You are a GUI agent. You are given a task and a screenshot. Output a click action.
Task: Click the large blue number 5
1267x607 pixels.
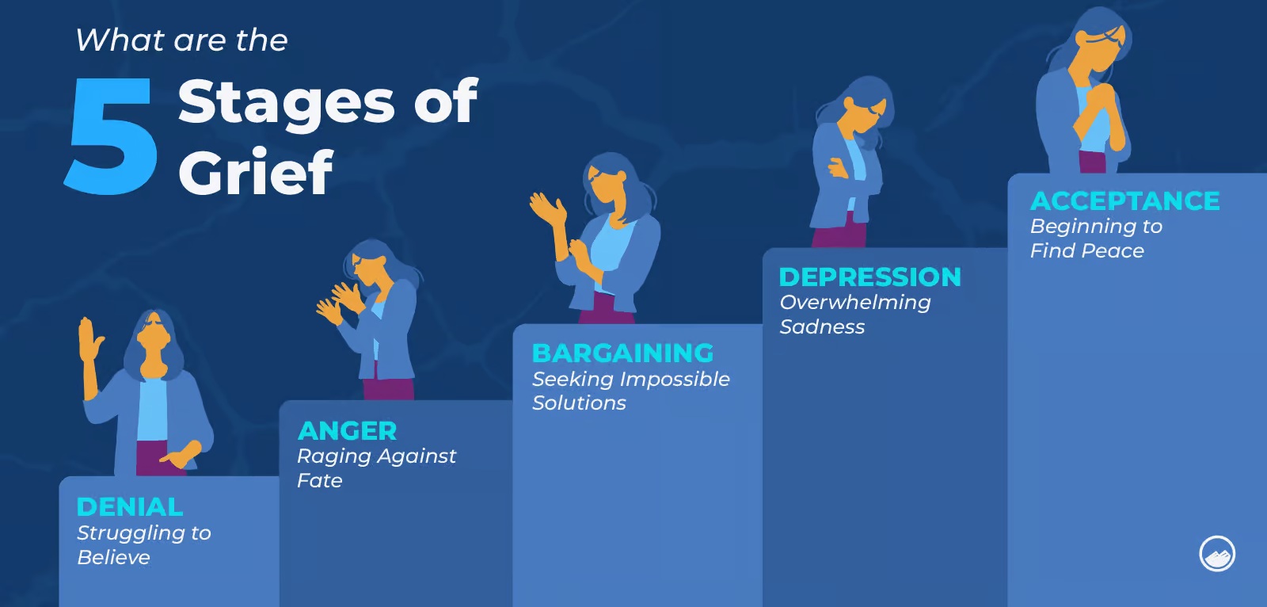pyautogui.click(x=112, y=136)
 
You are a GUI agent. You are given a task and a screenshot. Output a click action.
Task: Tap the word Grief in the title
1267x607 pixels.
pyautogui.click(x=256, y=172)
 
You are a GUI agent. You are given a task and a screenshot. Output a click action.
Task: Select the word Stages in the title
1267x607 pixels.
pyautogui.click(x=286, y=103)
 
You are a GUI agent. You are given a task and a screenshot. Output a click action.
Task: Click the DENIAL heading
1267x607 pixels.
pyautogui.click(x=130, y=507)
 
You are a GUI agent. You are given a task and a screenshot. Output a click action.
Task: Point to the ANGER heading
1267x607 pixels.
pyautogui.click(x=348, y=431)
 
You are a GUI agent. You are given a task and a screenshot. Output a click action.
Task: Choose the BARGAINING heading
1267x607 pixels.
pyautogui.click(x=622, y=353)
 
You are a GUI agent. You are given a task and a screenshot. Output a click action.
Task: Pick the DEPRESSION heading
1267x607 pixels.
pyautogui.click(x=870, y=277)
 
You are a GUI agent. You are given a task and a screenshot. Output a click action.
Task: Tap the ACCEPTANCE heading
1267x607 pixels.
pyautogui.click(x=1125, y=201)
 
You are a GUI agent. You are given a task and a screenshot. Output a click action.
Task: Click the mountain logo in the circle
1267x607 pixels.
pyautogui.click(x=1217, y=554)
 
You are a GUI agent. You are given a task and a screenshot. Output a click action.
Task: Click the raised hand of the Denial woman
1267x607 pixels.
pyautogui.click(x=88, y=340)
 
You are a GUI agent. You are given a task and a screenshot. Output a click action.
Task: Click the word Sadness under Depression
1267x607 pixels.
pyautogui.click(x=822, y=326)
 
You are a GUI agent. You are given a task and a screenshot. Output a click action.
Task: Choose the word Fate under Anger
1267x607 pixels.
pyautogui.click(x=320, y=481)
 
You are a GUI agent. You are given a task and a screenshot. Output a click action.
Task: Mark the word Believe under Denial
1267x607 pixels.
pyautogui.click(x=114, y=558)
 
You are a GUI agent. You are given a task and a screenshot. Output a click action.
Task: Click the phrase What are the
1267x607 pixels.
pyautogui.click(x=181, y=40)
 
